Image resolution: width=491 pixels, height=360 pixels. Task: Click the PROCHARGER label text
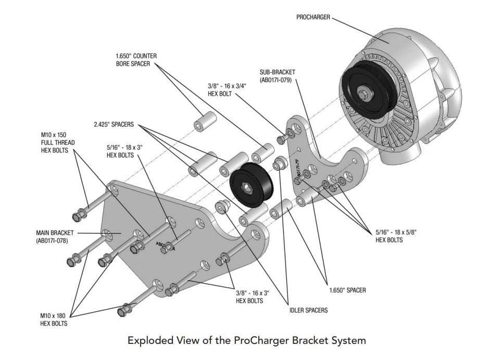(313, 17)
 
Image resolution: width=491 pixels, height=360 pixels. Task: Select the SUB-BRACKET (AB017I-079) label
(275, 76)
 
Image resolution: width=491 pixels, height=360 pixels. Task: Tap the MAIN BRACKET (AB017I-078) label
(55, 237)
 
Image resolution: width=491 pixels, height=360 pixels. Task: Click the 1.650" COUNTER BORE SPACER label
(136, 60)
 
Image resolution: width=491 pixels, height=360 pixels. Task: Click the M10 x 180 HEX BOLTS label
(54, 319)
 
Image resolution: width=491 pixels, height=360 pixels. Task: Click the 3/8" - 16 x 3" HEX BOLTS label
(250, 297)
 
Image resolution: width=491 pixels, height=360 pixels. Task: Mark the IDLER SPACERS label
(308, 311)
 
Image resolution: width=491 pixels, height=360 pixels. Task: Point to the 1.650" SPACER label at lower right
(348, 290)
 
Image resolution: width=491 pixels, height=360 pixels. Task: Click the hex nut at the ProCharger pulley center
(363, 94)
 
